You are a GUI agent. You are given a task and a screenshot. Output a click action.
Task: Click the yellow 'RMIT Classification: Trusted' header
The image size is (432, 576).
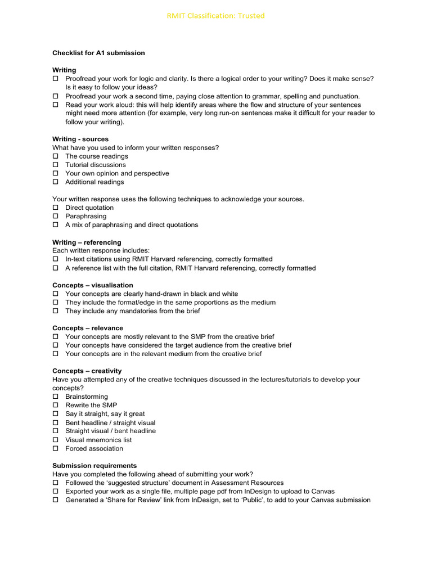pyautogui.click(x=215, y=16)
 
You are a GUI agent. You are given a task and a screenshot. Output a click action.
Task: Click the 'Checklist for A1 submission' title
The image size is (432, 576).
pyautogui.click(x=98, y=53)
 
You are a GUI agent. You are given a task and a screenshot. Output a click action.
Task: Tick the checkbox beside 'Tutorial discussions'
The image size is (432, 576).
pyautogui.click(x=56, y=165)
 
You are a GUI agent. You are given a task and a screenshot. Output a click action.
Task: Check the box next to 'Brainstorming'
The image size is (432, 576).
pyautogui.click(x=56, y=397)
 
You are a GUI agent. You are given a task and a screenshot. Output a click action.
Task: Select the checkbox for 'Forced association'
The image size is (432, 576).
pyautogui.click(x=56, y=448)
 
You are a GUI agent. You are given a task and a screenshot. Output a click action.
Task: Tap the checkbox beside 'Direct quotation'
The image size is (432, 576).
pyautogui.click(x=56, y=208)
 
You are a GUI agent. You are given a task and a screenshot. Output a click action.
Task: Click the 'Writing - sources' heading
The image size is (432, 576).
pyautogui.click(x=80, y=139)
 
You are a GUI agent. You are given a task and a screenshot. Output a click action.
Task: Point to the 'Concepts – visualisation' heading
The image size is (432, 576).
pyautogui.click(x=93, y=285)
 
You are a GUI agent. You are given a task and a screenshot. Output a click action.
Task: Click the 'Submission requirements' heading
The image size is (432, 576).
pyautogui.click(x=94, y=466)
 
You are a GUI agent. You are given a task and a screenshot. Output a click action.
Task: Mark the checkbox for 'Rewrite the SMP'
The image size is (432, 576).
pyautogui.click(x=56, y=405)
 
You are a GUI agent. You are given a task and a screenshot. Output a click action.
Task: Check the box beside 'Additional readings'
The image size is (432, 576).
pyautogui.click(x=56, y=182)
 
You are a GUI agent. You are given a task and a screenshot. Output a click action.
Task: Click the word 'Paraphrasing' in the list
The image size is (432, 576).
pyautogui.click(x=85, y=216)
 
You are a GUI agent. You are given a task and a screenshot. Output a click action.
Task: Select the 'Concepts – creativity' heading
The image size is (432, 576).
pyautogui.click(x=87, y=371)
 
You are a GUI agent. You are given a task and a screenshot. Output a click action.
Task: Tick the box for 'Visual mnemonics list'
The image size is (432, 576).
pyautogui.click(x=56, y=440)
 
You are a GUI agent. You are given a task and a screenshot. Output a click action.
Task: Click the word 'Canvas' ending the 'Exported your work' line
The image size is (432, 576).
pyautogui.click(x=323, y=491)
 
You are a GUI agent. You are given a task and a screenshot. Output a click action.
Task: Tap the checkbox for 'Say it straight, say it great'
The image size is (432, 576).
pyautogui.click(x=56, y=414)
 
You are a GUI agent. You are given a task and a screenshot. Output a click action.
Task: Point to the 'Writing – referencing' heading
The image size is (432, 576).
pyautogui.click(x=87, y=242)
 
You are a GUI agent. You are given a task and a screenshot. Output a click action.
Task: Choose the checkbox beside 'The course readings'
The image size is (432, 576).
pyautogui.click(x=56, y=156)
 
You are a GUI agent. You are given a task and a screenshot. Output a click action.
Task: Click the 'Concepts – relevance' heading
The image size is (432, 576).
pyautogui.click(x=88, y=328)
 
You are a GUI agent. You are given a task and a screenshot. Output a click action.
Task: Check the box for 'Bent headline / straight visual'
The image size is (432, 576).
pyautogui.click(x=56, y=422)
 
